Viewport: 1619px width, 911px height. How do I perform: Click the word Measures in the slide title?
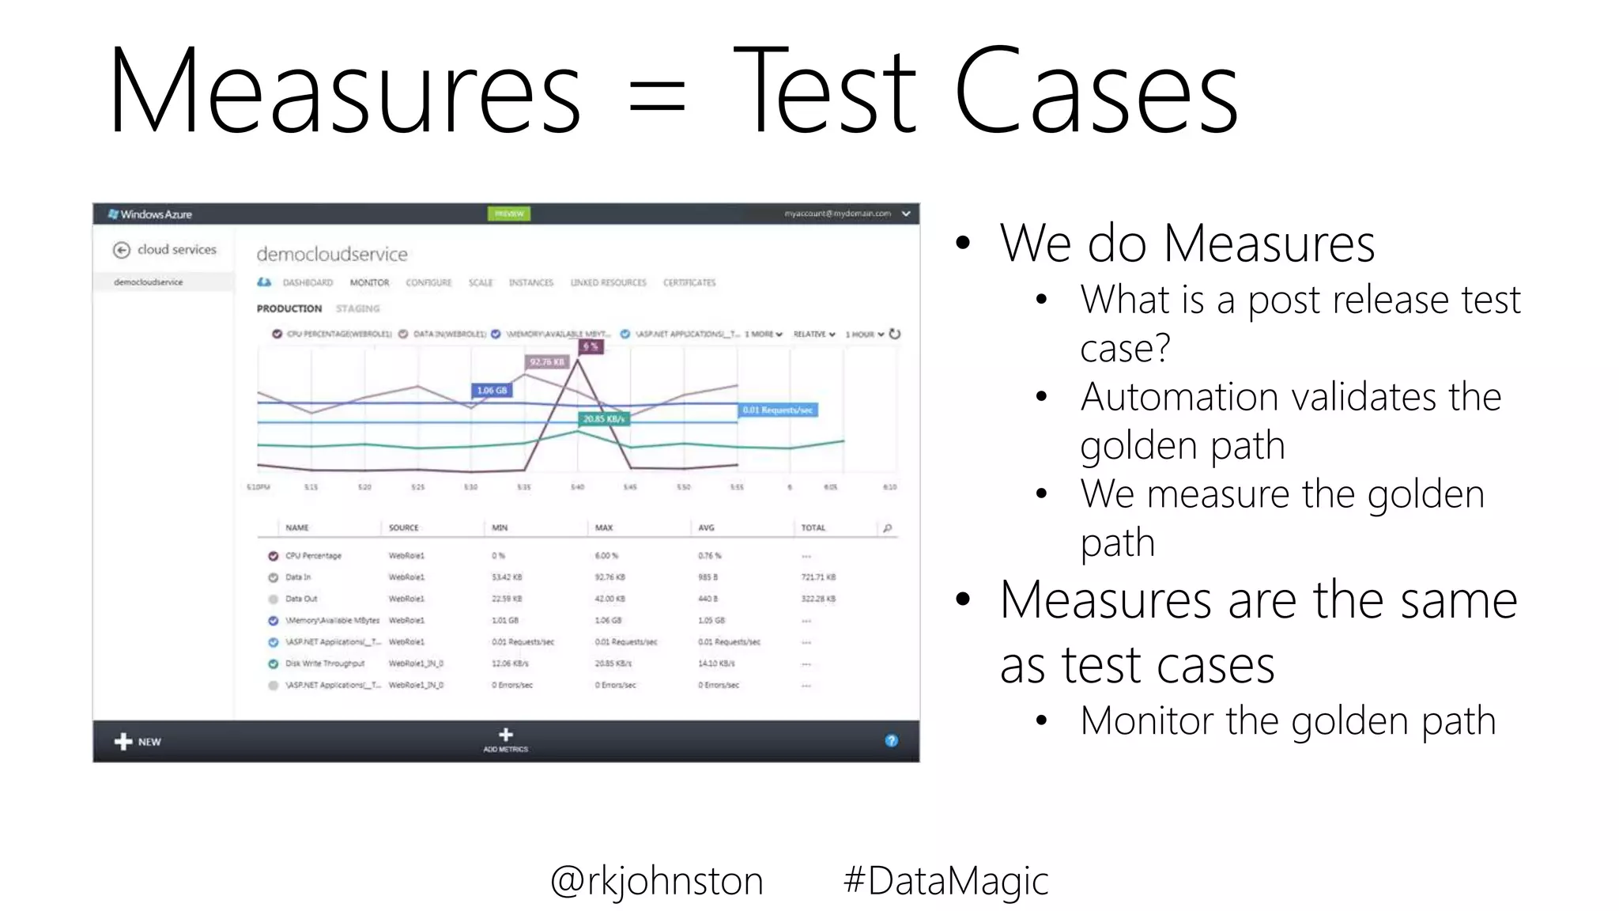tap(345, 93)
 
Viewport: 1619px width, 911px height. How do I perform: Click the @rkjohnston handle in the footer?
tap(656, 881)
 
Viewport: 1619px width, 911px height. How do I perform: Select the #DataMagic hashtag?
tap(945, 881)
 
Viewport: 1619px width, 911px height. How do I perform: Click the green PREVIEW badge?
tap(509, 214)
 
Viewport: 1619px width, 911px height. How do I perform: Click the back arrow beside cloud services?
tap(121, 250)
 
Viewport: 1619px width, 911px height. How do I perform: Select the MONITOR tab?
tap(369, 282)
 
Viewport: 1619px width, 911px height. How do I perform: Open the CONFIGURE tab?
tap(428, 282)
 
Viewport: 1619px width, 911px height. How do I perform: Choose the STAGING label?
tap(357, 308)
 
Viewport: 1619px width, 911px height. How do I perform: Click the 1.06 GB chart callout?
tap(492, 390)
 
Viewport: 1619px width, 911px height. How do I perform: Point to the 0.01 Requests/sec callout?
tap(778, 410)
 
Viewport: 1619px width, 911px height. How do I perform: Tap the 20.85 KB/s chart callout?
tap(604, 418)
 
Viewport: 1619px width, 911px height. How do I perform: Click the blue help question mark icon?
tap(891, 740)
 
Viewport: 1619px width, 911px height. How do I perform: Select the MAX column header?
tap(604, 527)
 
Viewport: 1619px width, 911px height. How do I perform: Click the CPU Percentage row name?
tap(313, 556)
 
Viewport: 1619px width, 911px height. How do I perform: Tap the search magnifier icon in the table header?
tap(887, 527)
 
